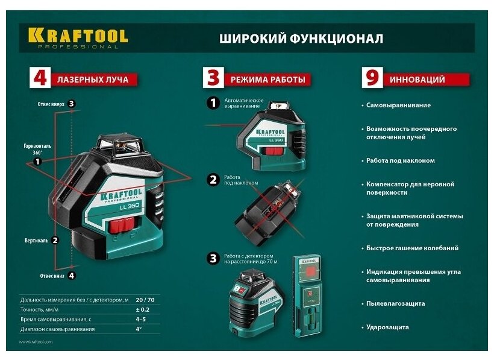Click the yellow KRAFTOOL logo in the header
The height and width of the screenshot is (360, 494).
tap(78, 38)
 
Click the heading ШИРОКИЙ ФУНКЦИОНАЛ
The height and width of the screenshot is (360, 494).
tap(301, 39)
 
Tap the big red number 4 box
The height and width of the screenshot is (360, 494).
tap(40, 77)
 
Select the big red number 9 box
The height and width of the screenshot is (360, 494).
tap(372, 77)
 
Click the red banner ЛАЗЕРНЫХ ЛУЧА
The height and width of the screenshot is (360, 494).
tap(93, 80)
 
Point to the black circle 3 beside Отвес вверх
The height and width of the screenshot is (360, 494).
tap(72, 104)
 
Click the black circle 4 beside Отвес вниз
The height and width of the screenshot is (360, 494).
tap(72, 276)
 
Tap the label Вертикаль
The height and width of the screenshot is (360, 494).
tap(37, 241)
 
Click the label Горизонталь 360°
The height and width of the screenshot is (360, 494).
tap(37, 149)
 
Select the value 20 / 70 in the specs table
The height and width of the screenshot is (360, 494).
tap(145, 300)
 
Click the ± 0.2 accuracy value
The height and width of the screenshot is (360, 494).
tap(143, 309)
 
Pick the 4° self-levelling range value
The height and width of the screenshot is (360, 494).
tap(139, 329)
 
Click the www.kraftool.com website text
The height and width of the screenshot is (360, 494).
tap(36, 342)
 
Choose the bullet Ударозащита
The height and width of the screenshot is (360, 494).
tap(387, 327)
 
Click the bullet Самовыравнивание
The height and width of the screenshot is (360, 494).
tap(398, 106)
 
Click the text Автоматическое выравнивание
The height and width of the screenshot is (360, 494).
tap(244, 103)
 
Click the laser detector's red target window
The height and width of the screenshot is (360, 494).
tap(310, 271)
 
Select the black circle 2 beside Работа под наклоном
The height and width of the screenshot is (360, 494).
tap(213, 180)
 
